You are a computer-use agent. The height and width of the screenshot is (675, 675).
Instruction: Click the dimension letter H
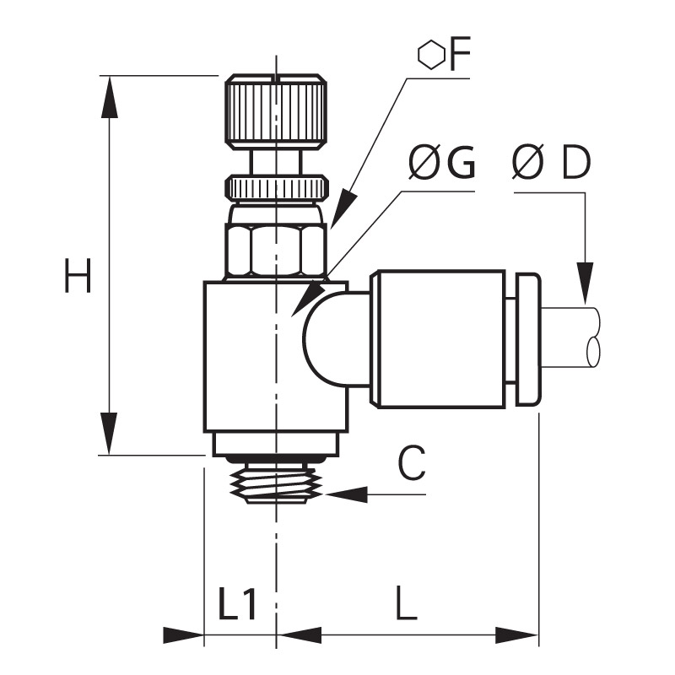click(78, 276)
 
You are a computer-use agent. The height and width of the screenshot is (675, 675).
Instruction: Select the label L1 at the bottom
click(238, 602)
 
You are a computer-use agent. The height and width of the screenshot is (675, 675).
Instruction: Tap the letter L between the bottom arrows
click(407, 602)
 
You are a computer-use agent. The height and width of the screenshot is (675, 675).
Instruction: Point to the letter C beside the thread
click(412, 463)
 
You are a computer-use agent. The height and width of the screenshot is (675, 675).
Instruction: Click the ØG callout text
click(441, 162)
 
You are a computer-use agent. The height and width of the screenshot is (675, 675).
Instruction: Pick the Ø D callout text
click(552, 162)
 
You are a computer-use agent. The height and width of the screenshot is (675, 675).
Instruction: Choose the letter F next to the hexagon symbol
click(460, 54)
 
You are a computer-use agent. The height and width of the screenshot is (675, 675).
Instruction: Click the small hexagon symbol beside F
click(431, 55)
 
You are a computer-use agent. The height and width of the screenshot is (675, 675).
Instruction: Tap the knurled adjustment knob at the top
click(276, 113)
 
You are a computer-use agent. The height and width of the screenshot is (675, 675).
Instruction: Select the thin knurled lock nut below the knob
click(277, 187)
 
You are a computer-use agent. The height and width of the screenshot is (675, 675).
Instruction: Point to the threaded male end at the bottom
click(277, 483)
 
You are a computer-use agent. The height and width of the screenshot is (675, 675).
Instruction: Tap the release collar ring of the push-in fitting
click(528, 339)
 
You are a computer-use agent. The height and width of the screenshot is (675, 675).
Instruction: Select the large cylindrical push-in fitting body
click(438, 339)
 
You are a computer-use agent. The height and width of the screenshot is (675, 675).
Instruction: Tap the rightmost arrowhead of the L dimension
click(516, 635)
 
